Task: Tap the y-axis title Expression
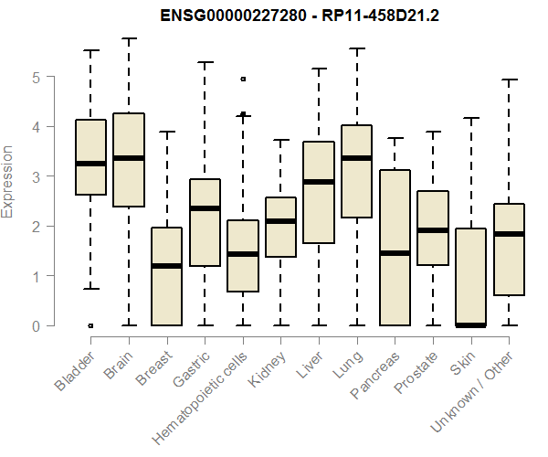pyautogui.click(x=8, y=181)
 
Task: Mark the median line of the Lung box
pyautogui.click(x=356, y=158)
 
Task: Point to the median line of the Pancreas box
pyautogui.click(x=395, y=253)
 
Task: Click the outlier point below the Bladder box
pyautogui.click(x=90, y=325)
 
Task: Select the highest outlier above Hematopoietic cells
pyautogui.click(x=243, y=80)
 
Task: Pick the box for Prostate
pyautogui.click(x=432, y=228)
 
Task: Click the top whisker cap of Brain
pyautogui.click(x=129, y=38)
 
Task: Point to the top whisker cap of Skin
pyautogui.click(x=470, y=118)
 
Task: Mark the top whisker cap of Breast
pyautogui.click(x=166, y=132)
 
